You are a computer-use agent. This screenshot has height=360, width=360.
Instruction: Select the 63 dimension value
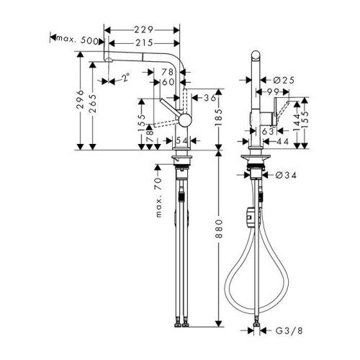(266, 132)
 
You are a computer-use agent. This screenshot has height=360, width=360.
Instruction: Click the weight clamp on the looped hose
(249, 214)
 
